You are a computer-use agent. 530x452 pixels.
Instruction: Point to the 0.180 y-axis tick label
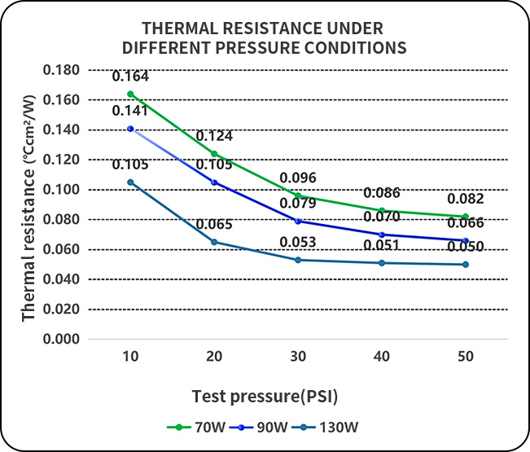[61, 70]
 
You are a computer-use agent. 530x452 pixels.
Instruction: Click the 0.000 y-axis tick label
[61, 340]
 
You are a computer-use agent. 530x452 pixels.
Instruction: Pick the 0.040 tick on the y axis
[61, 279]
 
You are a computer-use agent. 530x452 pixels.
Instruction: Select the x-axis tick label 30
[298, 358]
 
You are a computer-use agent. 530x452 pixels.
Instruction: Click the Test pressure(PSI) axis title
[265, 397]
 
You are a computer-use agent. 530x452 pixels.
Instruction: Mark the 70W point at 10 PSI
[130, 94]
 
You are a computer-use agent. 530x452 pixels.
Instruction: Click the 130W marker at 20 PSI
[214, 242]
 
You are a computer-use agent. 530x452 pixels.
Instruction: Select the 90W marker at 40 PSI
[382, 235]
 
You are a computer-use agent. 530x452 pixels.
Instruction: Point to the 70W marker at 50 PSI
[466, 217]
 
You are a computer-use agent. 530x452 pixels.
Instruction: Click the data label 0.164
[130, 78]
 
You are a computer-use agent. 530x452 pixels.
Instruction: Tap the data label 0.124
[213, 135]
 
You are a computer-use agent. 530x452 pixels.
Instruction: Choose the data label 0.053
[297, 242]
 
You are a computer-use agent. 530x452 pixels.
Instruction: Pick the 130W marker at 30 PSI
[298, 260]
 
